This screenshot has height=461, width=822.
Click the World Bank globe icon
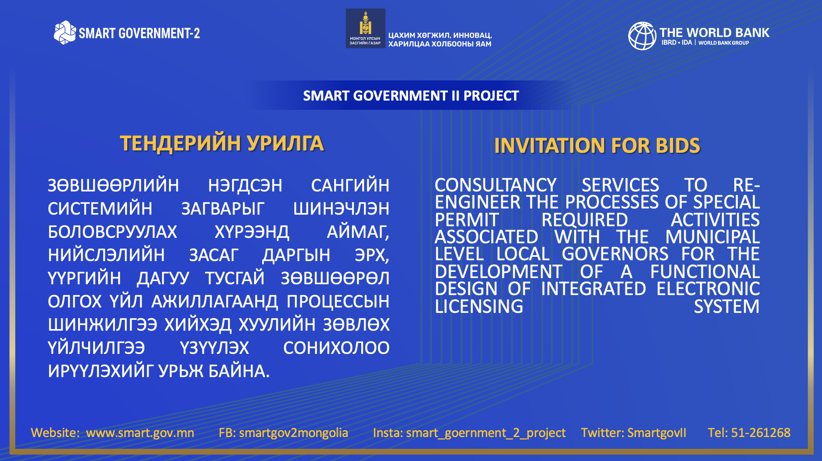(x=642, y=36)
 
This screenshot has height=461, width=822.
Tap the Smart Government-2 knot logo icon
(x=65, y=32)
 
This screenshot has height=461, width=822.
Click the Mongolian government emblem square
(x=365, y=28)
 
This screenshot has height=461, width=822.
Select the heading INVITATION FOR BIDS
(x=597, y=146)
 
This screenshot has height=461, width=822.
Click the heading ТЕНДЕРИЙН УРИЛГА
(x=222, y=143)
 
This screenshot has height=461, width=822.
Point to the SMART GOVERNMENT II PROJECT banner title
(x=411, y=96)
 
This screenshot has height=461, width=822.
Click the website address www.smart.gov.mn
(x=140, y=432)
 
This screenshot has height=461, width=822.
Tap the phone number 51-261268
(x=761, y=432)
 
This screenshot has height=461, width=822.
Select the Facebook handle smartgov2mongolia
(x=294, y=432)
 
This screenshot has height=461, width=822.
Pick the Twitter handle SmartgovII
(x=657, y=432)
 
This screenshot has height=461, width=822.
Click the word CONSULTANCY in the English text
(x=496, y=185)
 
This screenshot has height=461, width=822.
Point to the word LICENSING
(x=479, y=306)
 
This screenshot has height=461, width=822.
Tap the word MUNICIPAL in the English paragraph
(x=713, y=237)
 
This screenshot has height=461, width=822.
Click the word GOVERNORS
(x=615, y=254)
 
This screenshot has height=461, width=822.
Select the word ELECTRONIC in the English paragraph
(x=708, y=289)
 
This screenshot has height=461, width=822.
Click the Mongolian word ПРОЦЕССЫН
(x=338, y=301)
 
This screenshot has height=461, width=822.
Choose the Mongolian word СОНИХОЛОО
(x=337, y=348)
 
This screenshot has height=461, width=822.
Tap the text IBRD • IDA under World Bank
(x=677, y=43)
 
